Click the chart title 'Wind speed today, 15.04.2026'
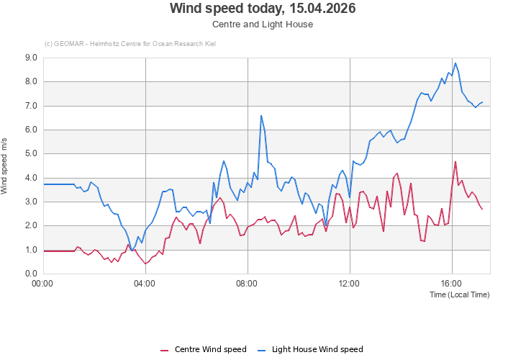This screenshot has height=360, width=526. click(263, 9)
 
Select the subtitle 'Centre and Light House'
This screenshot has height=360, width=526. click(263, 24)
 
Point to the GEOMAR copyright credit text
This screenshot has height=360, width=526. click(130, 44)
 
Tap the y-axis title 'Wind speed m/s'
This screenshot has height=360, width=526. click(6, 166)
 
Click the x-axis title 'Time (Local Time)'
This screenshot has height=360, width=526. click(459, 294)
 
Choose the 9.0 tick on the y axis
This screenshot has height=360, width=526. click(31, 58)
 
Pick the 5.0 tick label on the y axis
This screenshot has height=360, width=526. click(31, 154)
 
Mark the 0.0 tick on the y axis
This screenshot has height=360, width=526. click(31, 274)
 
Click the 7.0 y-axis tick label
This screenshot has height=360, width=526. click(31, 106)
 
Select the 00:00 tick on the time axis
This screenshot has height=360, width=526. click(43, 283)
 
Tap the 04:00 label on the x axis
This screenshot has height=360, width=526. click(145, 283)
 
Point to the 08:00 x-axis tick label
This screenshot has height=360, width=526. click(248, 283)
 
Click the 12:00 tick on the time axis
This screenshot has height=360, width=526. click(350, 283)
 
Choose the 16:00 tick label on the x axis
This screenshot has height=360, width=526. click(452, 283)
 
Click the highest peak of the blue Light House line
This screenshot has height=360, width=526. click(455, 63)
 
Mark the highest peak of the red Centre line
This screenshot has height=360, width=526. click(455, 162)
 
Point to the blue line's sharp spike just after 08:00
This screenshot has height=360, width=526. click(261, 115)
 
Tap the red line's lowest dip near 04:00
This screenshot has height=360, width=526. click(145, 264)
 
